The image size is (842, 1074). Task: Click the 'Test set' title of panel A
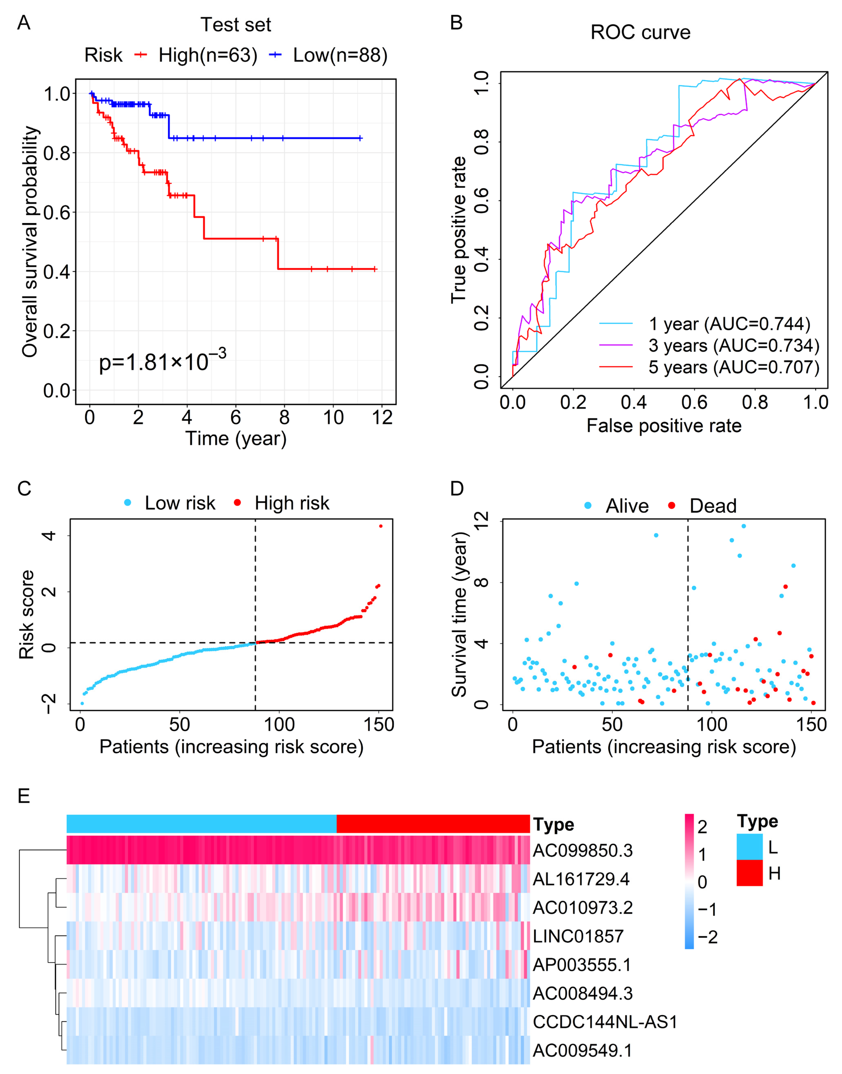coord(236,25)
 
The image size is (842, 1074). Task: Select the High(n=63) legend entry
coord(207,55)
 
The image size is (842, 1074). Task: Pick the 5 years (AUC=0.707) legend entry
coord(734,367)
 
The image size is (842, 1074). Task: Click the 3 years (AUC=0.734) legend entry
coord(734,345)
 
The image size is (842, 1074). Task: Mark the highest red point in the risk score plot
coord(381,526)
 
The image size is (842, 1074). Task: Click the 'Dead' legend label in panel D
coord(713,506)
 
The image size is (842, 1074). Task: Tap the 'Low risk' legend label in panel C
coord(180,503)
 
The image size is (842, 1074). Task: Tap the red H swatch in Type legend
coord(749,873)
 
